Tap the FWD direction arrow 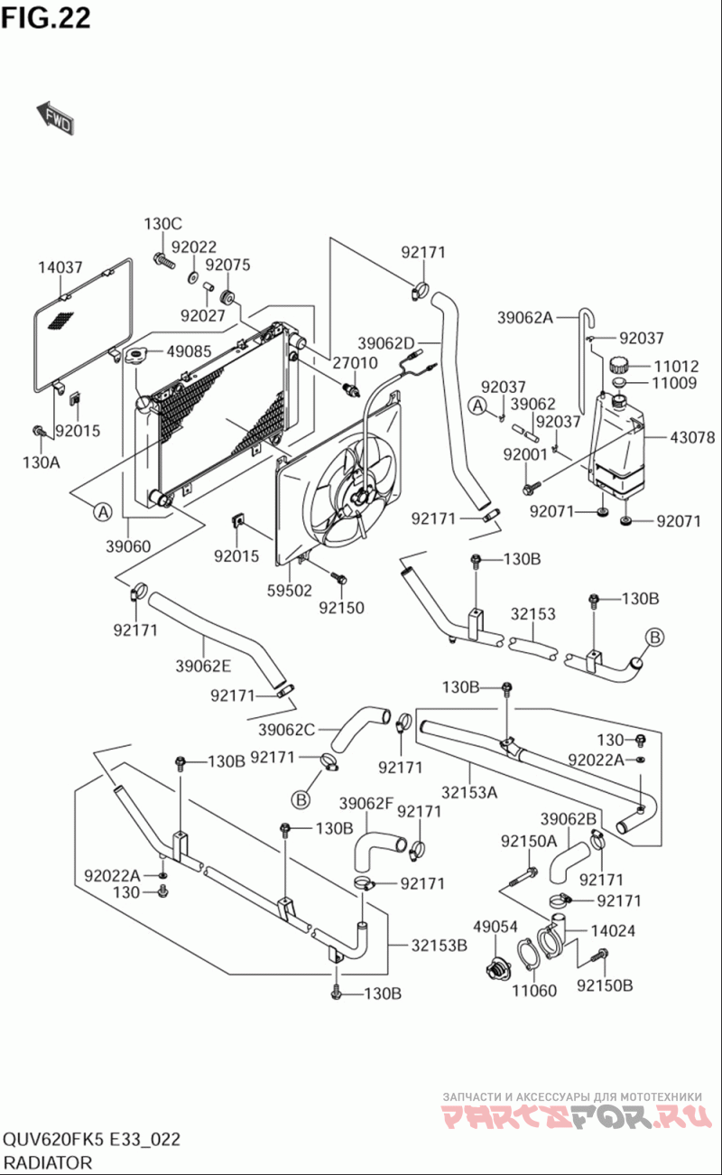(55, 118)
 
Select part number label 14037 (60, 267)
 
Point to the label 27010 (355, 363)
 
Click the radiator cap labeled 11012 (619, 367)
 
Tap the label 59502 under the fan (290, 590)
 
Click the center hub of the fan (362, 498)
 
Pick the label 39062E (203, 667)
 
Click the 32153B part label (440, 946)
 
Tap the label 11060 (534, 991)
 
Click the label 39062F (367, 803)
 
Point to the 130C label (162, 224)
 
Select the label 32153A (469, 793)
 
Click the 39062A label (524, 317)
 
